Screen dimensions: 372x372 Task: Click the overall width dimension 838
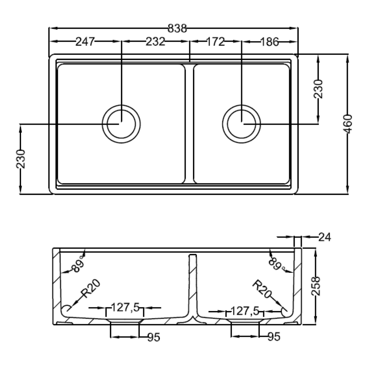pyautogui.click(x=177, y=28)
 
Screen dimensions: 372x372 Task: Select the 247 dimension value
pyautogui.click(x=85, y=42)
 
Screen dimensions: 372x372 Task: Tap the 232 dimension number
pyautogui.click(x=155, y=42)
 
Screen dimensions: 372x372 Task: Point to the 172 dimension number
pyautogui.click(x=215, y=42)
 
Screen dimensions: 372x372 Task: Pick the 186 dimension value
pyautogui.click(x=270, y=42)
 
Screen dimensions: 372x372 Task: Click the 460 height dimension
pyautogui.click(x=348, y=124)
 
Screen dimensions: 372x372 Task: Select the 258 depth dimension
pyautogui.click(x=316, y=286)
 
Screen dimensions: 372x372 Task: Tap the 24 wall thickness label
pyautogui.click(x=324, y=237)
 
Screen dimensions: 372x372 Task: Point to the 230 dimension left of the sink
pyautogui.click(x=21, y=159)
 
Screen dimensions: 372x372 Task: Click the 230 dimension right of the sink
pyautogui.click(x=318, y=89)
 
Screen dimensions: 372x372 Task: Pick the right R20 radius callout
pyautogui.click(x=261, y=289)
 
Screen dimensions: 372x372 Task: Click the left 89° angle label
pyautogui.click(x=78, y=264)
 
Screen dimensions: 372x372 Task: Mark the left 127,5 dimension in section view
pyautogui.click(x=125, y=307)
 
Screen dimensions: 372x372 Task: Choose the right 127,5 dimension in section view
pyautogui.click(x=245, y=311)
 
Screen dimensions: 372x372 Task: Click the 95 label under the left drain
pyautogui.click(x=154, y=337)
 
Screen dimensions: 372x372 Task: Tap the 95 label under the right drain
pyautogui.click(x=274, y=336)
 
